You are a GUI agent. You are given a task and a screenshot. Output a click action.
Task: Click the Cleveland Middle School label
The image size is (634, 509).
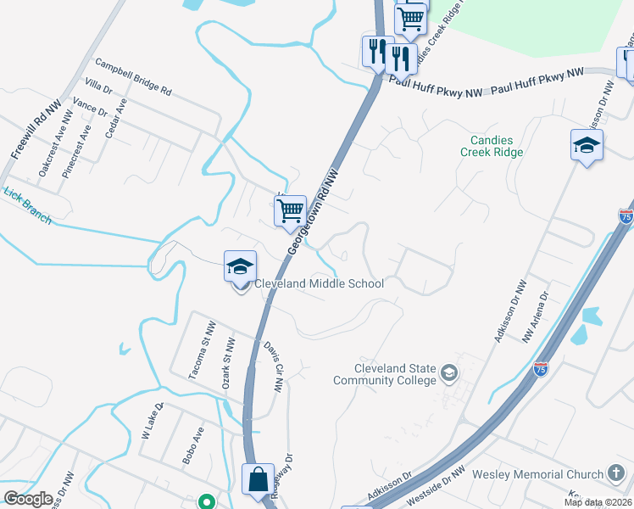pyautogui.click(x=318, y=283)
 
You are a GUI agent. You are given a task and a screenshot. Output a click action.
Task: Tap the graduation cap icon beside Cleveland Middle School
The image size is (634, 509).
pyautogui.click(x=240, y=267)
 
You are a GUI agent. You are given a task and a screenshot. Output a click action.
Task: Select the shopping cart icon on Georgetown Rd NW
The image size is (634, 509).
pyautogui.click(x=291, y=210)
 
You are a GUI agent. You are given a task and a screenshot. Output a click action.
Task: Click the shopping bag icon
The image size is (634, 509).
pyautogui.click(x=257, y=480)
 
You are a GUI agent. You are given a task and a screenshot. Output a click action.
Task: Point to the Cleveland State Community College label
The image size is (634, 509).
pyautogui.click(x=397, y=374)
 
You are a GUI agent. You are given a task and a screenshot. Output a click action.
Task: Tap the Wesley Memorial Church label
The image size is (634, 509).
pyautogui.click(x=535, y=474)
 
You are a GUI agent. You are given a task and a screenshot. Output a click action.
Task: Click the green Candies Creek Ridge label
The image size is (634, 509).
pyautogui.click(x=492, y=146)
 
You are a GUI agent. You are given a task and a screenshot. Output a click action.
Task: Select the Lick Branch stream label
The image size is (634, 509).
pyautogui.click(x=27, y=205)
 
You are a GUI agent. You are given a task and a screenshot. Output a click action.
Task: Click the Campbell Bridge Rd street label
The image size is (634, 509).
pyautogui.click(x=133, y=76)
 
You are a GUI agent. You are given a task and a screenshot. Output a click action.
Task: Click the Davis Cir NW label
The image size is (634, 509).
pyautogui.click(x=272, y=366)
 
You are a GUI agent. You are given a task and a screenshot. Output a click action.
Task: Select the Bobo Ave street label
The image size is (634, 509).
pyautogui.click(x=188, y=445)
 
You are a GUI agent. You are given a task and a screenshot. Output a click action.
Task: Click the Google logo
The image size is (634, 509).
pyautogui.click(x=28, y=499)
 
